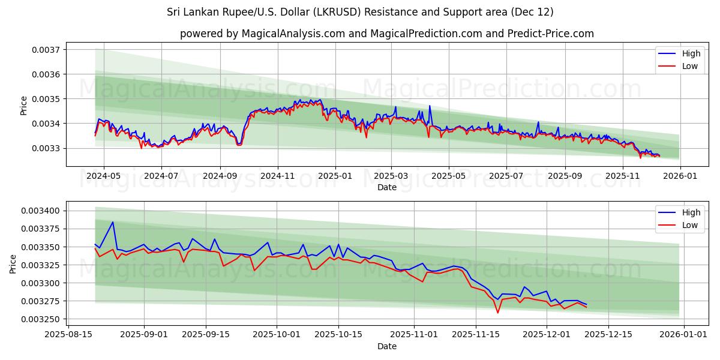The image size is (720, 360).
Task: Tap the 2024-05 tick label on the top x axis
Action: (104, 176)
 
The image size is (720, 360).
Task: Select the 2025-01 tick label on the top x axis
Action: (334, 176)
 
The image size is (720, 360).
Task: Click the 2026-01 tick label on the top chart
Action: (680, 176)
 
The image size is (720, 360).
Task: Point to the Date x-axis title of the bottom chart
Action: (387, 346)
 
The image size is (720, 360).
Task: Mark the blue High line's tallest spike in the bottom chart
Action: (112, 222)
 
